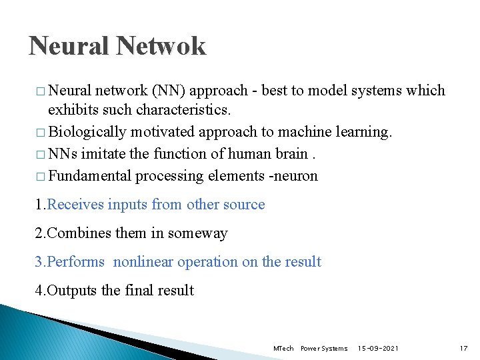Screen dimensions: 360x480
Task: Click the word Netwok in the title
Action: [x=161, y=46]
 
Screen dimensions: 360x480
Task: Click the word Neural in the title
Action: [x=69, y=46]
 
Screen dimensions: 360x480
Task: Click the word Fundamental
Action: [x=90, y=176]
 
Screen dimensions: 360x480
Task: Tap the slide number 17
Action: [x=464, y=349]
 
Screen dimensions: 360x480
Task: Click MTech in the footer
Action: [x=283, y=349]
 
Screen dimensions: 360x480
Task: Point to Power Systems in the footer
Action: [x=324, y=349]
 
